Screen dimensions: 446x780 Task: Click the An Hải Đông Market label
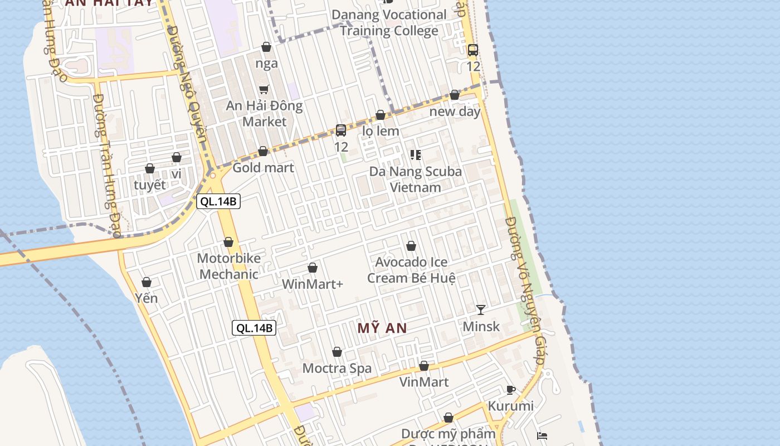tap(264, 114)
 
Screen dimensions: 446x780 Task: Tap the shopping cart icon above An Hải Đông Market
tap(264, 89)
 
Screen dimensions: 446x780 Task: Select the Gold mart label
tap(263, 167)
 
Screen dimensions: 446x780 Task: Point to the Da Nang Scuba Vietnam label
tap(416, 179)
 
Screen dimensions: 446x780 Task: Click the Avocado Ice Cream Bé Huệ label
tap(411, 270)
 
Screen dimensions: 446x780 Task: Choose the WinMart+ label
tap(313, 284)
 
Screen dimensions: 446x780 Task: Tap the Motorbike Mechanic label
tap(228, 266)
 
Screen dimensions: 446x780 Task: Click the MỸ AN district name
tap(382, 328)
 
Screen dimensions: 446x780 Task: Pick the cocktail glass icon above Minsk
tap(481, 309)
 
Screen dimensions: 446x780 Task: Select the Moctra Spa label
tap(337, 368)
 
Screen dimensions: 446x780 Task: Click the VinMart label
tap(424, 382)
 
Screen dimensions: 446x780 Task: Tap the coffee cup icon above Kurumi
tap(511, 390)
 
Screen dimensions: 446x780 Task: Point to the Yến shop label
tap(147, 298)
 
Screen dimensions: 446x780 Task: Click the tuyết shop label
tap(150, 185)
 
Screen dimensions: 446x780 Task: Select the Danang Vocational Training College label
tap(389, 23)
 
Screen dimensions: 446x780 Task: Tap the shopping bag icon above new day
tap(455, 95)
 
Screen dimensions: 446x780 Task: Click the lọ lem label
tap(381, 131)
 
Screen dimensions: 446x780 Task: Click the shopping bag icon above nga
tap(266, 47)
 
